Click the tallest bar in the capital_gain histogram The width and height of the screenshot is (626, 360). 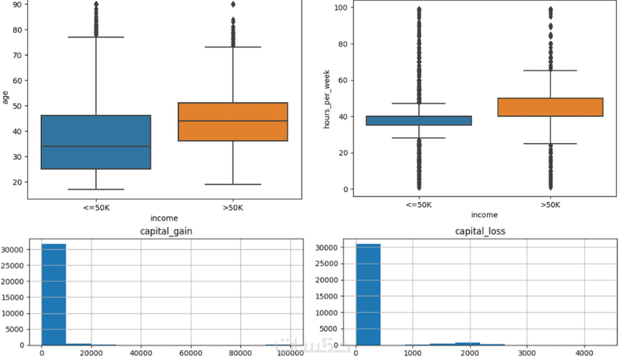coord(54,294)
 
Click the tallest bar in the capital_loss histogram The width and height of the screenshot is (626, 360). coord(367,294)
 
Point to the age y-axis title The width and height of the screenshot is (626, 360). coord(5,97)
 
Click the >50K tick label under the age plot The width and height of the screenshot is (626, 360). coord(232,207)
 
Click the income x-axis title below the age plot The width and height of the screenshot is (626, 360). coord(164,218)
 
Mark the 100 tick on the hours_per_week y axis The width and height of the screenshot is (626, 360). coord(340,8)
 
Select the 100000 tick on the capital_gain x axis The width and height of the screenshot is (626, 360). coord(290,354)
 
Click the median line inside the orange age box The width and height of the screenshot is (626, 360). coord(232,121)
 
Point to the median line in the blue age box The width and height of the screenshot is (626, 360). coord(95,146)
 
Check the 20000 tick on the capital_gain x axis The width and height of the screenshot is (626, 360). coord(91,354)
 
